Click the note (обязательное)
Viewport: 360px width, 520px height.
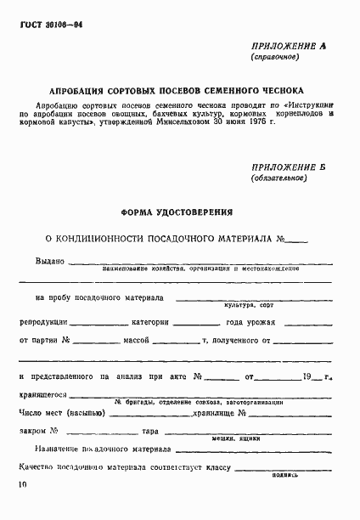coord(277,179)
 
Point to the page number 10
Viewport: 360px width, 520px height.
coord(20,486)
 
